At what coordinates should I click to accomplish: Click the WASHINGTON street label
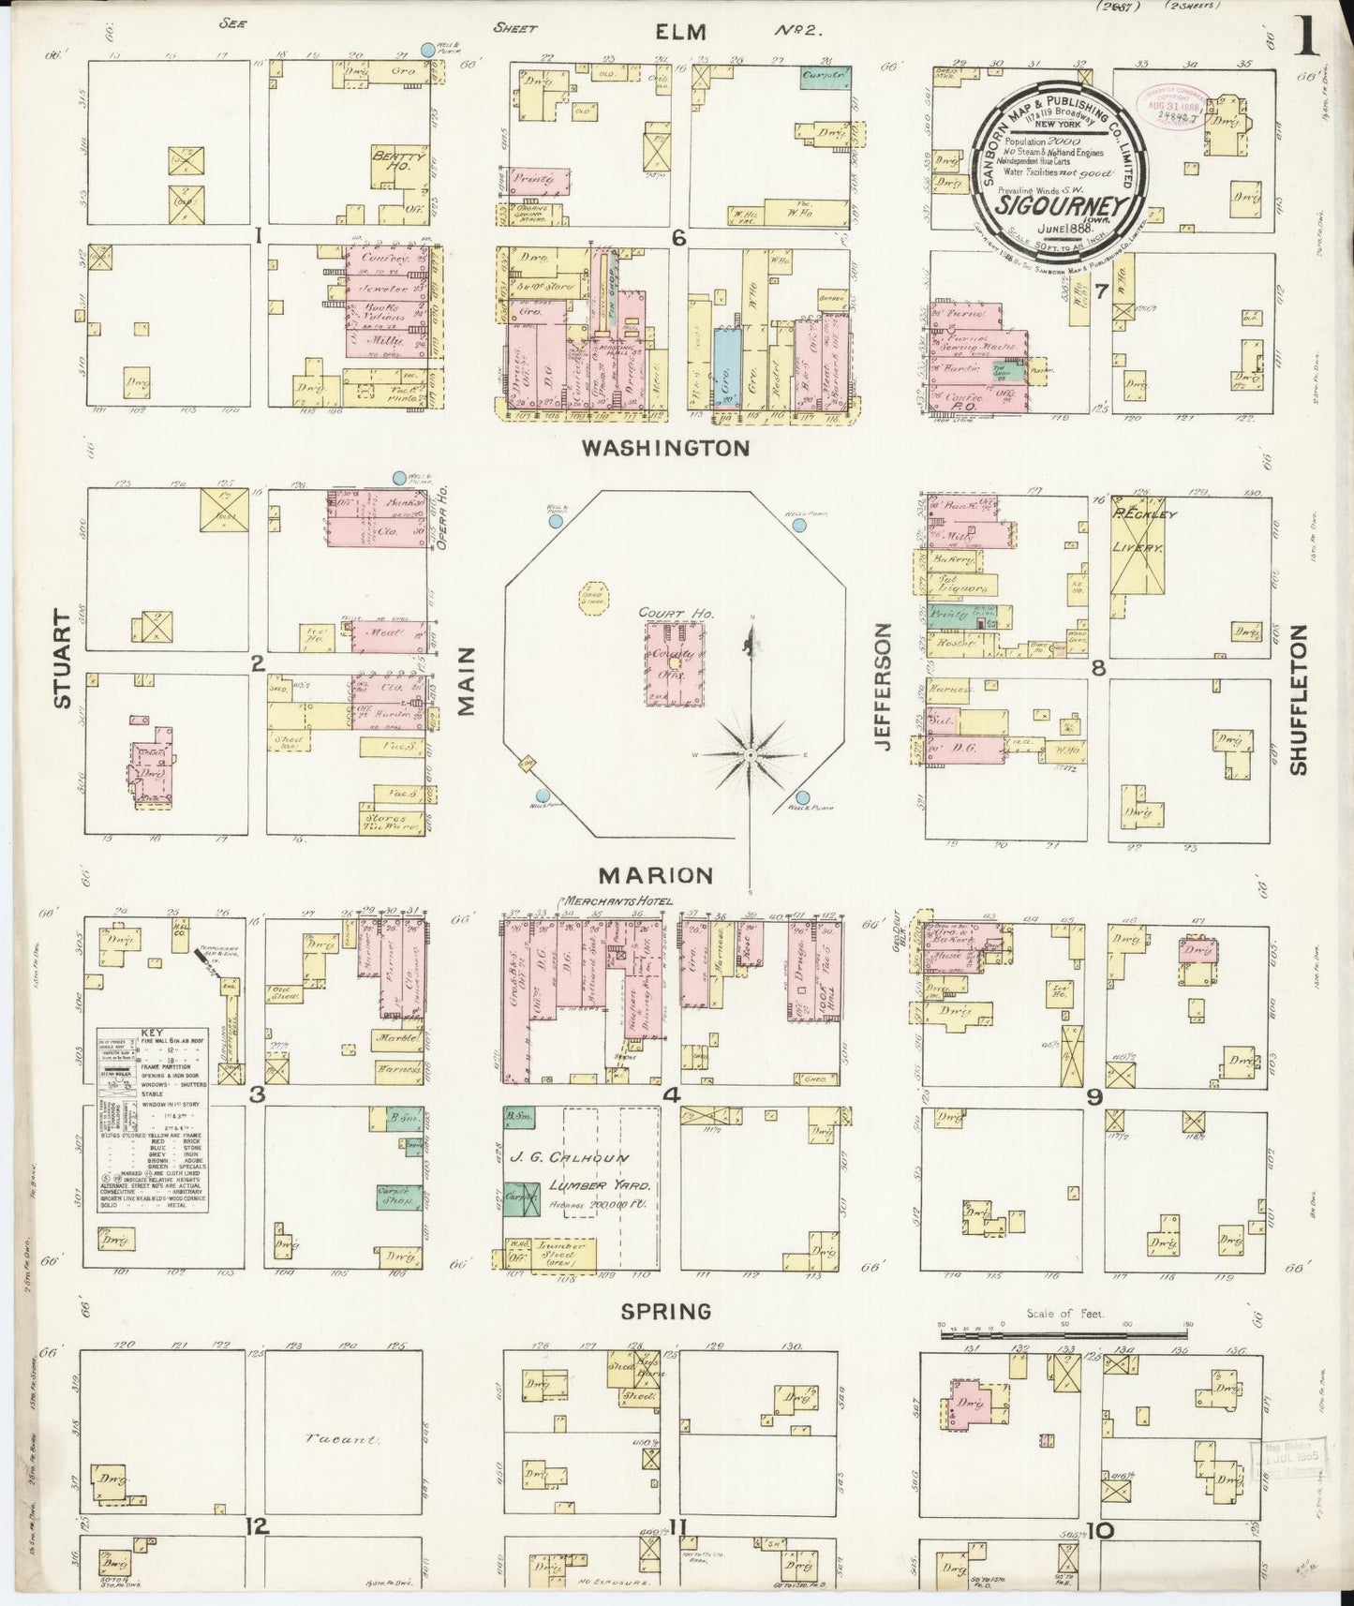click(x=665, y=448)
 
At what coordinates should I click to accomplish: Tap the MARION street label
click(x=656, y=875)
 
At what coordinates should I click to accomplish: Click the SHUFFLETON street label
click(x=1297, y=700)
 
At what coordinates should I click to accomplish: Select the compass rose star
click(x=751, y=752)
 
